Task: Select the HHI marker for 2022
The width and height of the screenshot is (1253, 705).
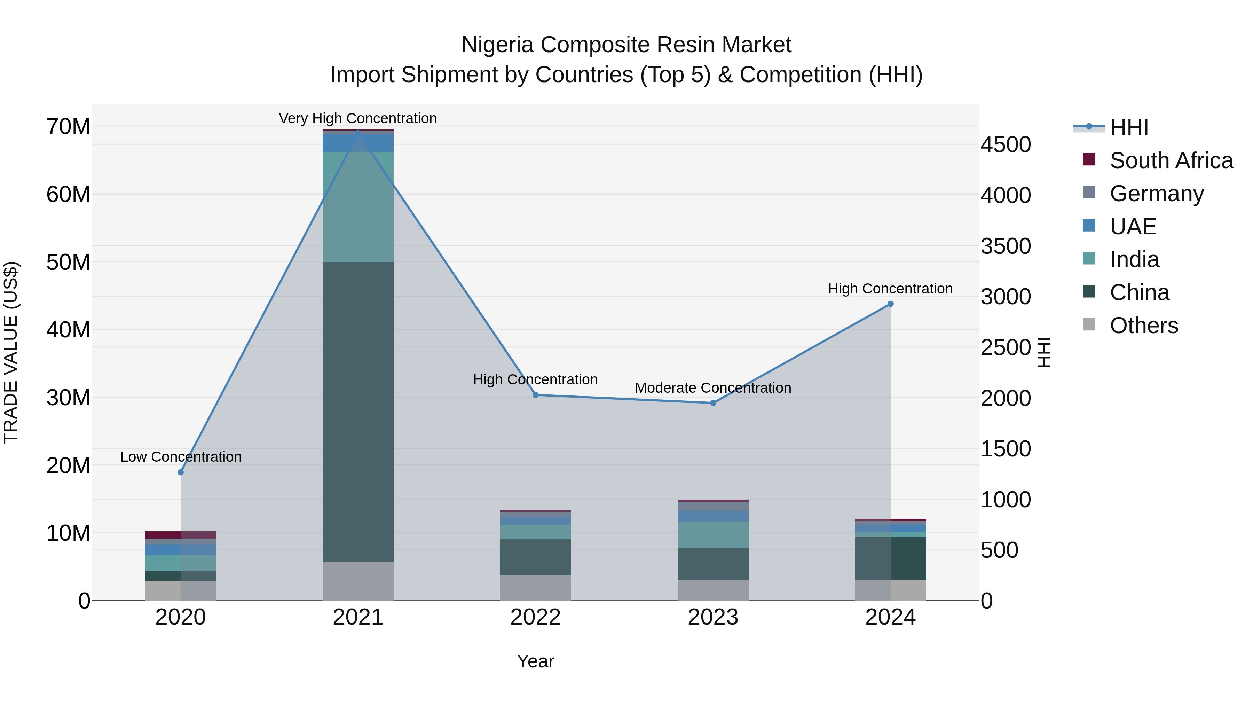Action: coord(536,395)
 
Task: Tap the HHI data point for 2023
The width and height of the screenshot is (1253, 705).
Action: coord(713,403)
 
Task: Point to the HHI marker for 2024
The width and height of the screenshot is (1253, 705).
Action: coord(891,304)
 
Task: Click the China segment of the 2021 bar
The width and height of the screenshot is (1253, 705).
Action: coord(358,411)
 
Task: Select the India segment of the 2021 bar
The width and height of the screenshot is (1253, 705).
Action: coord(358,207)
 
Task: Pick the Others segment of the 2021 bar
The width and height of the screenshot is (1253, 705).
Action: coord(358,581)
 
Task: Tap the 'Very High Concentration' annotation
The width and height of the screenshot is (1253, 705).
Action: coord(358,118)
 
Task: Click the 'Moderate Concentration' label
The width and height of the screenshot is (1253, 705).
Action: coord(713,388)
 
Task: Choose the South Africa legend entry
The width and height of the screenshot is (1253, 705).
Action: coord(1171,160)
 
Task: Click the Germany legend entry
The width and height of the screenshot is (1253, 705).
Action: coord(1157,194)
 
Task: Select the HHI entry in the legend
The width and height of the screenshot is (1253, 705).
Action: coord(1128,127)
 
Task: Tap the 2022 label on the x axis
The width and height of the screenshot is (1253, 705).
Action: coord(536,617)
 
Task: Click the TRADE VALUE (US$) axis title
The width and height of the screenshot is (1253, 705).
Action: coord(11,352)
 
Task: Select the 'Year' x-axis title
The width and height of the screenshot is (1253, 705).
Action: coord(536,661)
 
